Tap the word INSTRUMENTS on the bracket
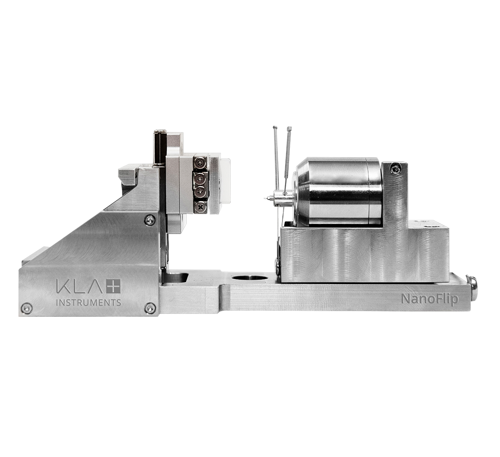[x=88, y=303]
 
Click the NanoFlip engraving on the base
[x=430, y=299]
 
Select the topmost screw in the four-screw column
[x=200, y=164]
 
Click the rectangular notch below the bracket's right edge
[x=176, y=277]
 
